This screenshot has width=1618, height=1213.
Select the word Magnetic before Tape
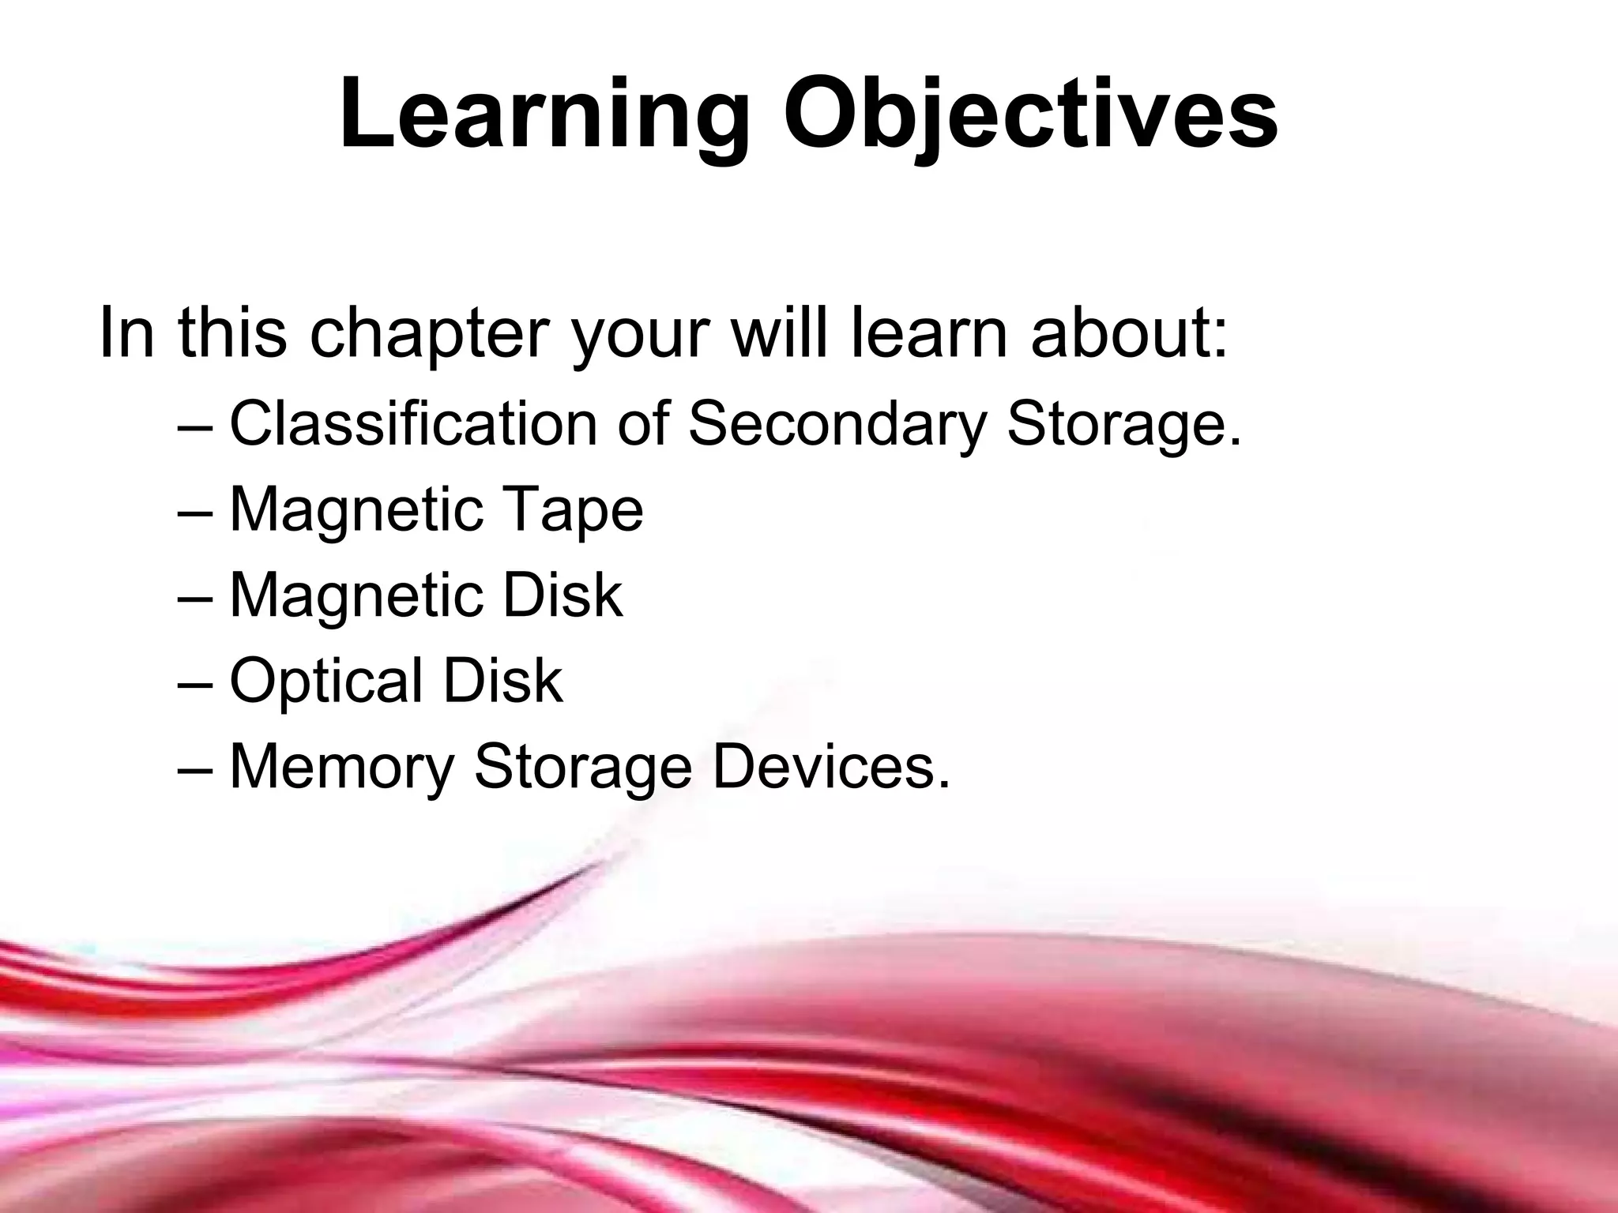click(x=356, y=510)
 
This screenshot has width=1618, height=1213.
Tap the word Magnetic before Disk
click(x=356, y=595)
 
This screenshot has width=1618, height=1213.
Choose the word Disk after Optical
click(x=502, y=681)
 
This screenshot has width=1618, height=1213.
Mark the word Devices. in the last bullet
click(x=831, y=766)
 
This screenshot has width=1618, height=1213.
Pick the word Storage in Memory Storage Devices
click(x=582, y=766)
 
